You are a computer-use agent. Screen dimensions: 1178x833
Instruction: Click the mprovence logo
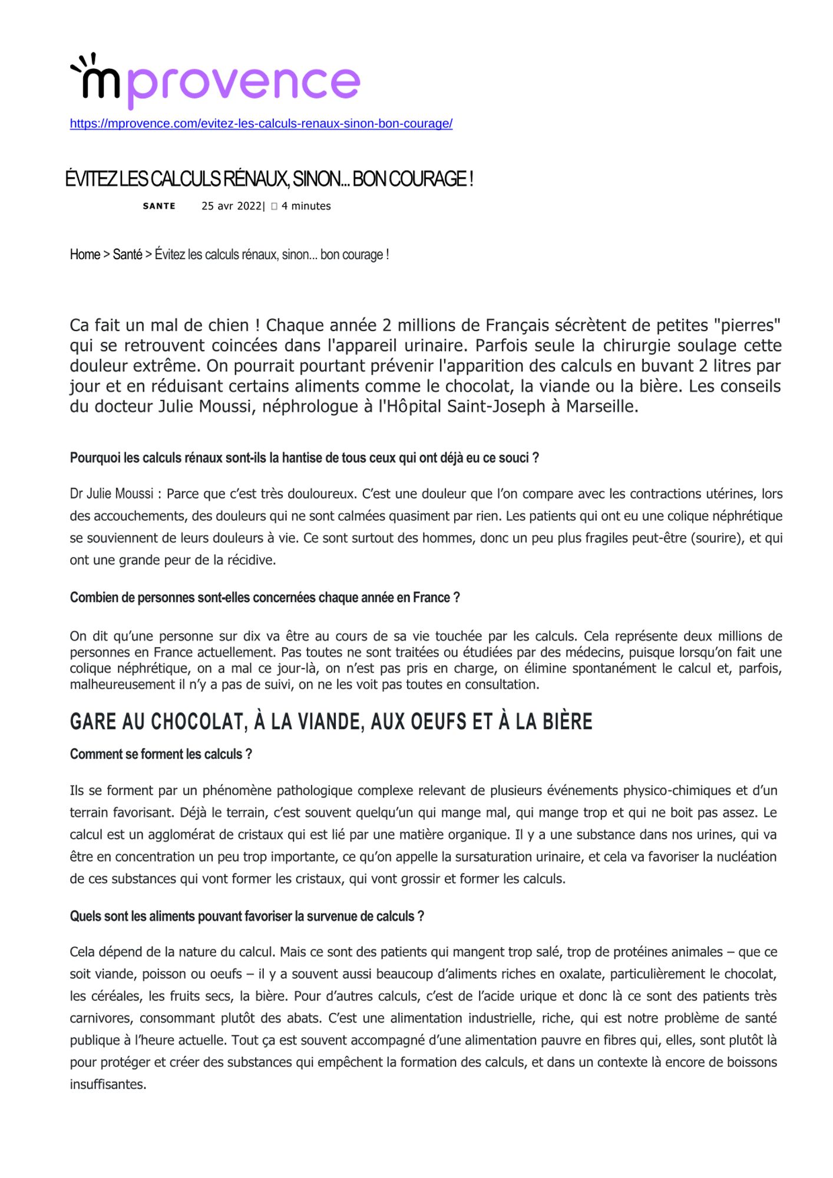pyautogui.click(x=215, y=81)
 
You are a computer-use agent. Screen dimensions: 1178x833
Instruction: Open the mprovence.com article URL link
pyautogui.click(x=261, y=124)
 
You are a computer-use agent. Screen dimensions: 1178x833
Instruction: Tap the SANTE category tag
pyautogui.click(x=159, y=206)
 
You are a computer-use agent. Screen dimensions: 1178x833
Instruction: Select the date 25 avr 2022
pyautogui.click(x=232, y=206)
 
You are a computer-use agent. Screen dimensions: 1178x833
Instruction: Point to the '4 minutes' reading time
pyautogui.click(x=306, y=206)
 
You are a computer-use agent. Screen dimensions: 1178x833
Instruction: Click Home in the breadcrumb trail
pyautogui.click(x=85, y=254)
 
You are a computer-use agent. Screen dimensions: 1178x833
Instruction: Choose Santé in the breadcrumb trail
pyautogui.click(x=127, y=254)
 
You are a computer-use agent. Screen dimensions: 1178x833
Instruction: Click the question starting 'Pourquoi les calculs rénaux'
pyautogui.click(x=304, y=458)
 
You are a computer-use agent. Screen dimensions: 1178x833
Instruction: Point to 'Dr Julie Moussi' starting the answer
pyautogui.click(x=111, y=494)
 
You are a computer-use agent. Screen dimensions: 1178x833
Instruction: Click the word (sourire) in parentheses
pyautogui.click(x=716, y=538)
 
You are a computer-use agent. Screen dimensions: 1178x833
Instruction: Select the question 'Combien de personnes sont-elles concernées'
pyautogui.click(x=265, y=597)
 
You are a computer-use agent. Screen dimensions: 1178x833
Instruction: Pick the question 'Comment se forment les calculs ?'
pyautogui.click(x=161, y=754)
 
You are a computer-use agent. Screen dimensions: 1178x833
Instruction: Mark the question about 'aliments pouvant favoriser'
pyautogui.click(x=247, y=916)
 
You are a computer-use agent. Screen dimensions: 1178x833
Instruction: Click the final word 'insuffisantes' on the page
pyautogui.click(x=107, y=1084)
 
